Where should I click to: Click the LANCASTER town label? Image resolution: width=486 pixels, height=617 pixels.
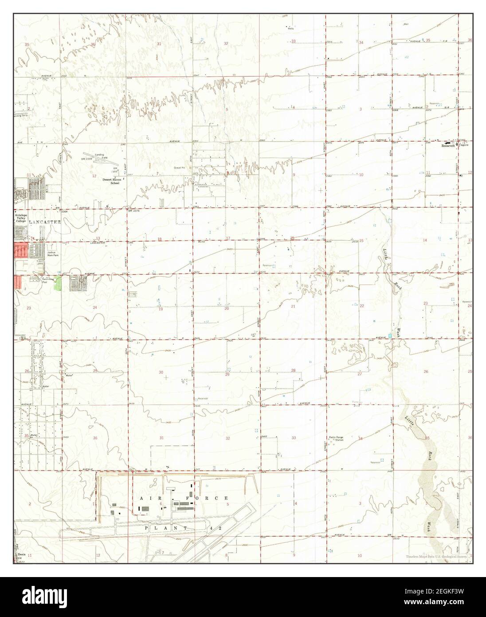point(45,222)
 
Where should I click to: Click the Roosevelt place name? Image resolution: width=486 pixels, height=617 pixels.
point(449,146)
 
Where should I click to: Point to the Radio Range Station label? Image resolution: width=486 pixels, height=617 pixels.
point(337,439)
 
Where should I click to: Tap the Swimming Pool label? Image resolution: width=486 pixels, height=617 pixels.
point(45,281)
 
